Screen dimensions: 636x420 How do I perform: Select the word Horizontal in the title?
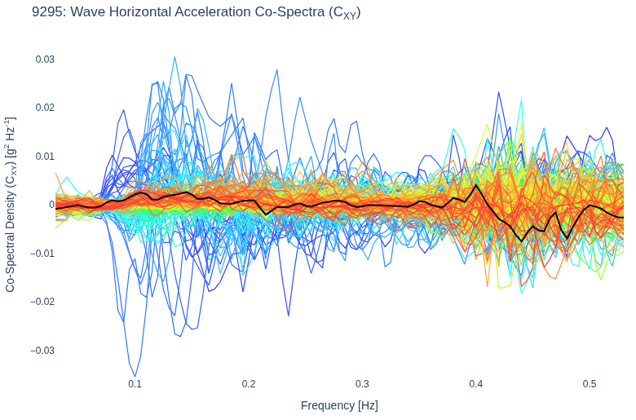[140, 11]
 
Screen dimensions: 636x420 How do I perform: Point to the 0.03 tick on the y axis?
[45, 60]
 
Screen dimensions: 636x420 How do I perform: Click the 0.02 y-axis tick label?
[45, 108]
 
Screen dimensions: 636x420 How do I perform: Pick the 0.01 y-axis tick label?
[45, 157]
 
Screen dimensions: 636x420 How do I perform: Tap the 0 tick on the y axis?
[51, 205]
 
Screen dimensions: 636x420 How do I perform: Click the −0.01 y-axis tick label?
[42, 253]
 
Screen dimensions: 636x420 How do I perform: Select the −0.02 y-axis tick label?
[42, 302]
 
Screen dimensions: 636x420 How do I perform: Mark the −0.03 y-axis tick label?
[42, 350]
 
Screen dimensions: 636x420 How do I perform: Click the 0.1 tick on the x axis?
[135, 384]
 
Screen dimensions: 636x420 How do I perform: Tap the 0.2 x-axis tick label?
[249, 384]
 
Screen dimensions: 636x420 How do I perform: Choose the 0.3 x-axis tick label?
[362, 384]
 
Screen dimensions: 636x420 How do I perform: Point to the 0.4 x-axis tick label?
[476, 384]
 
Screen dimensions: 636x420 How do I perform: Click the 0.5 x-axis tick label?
[590, 384]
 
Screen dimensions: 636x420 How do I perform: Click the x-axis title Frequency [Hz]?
[339, 405]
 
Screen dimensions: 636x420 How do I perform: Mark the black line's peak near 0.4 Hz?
[476, 185]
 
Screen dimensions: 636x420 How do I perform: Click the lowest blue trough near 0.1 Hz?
[135, 376]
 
